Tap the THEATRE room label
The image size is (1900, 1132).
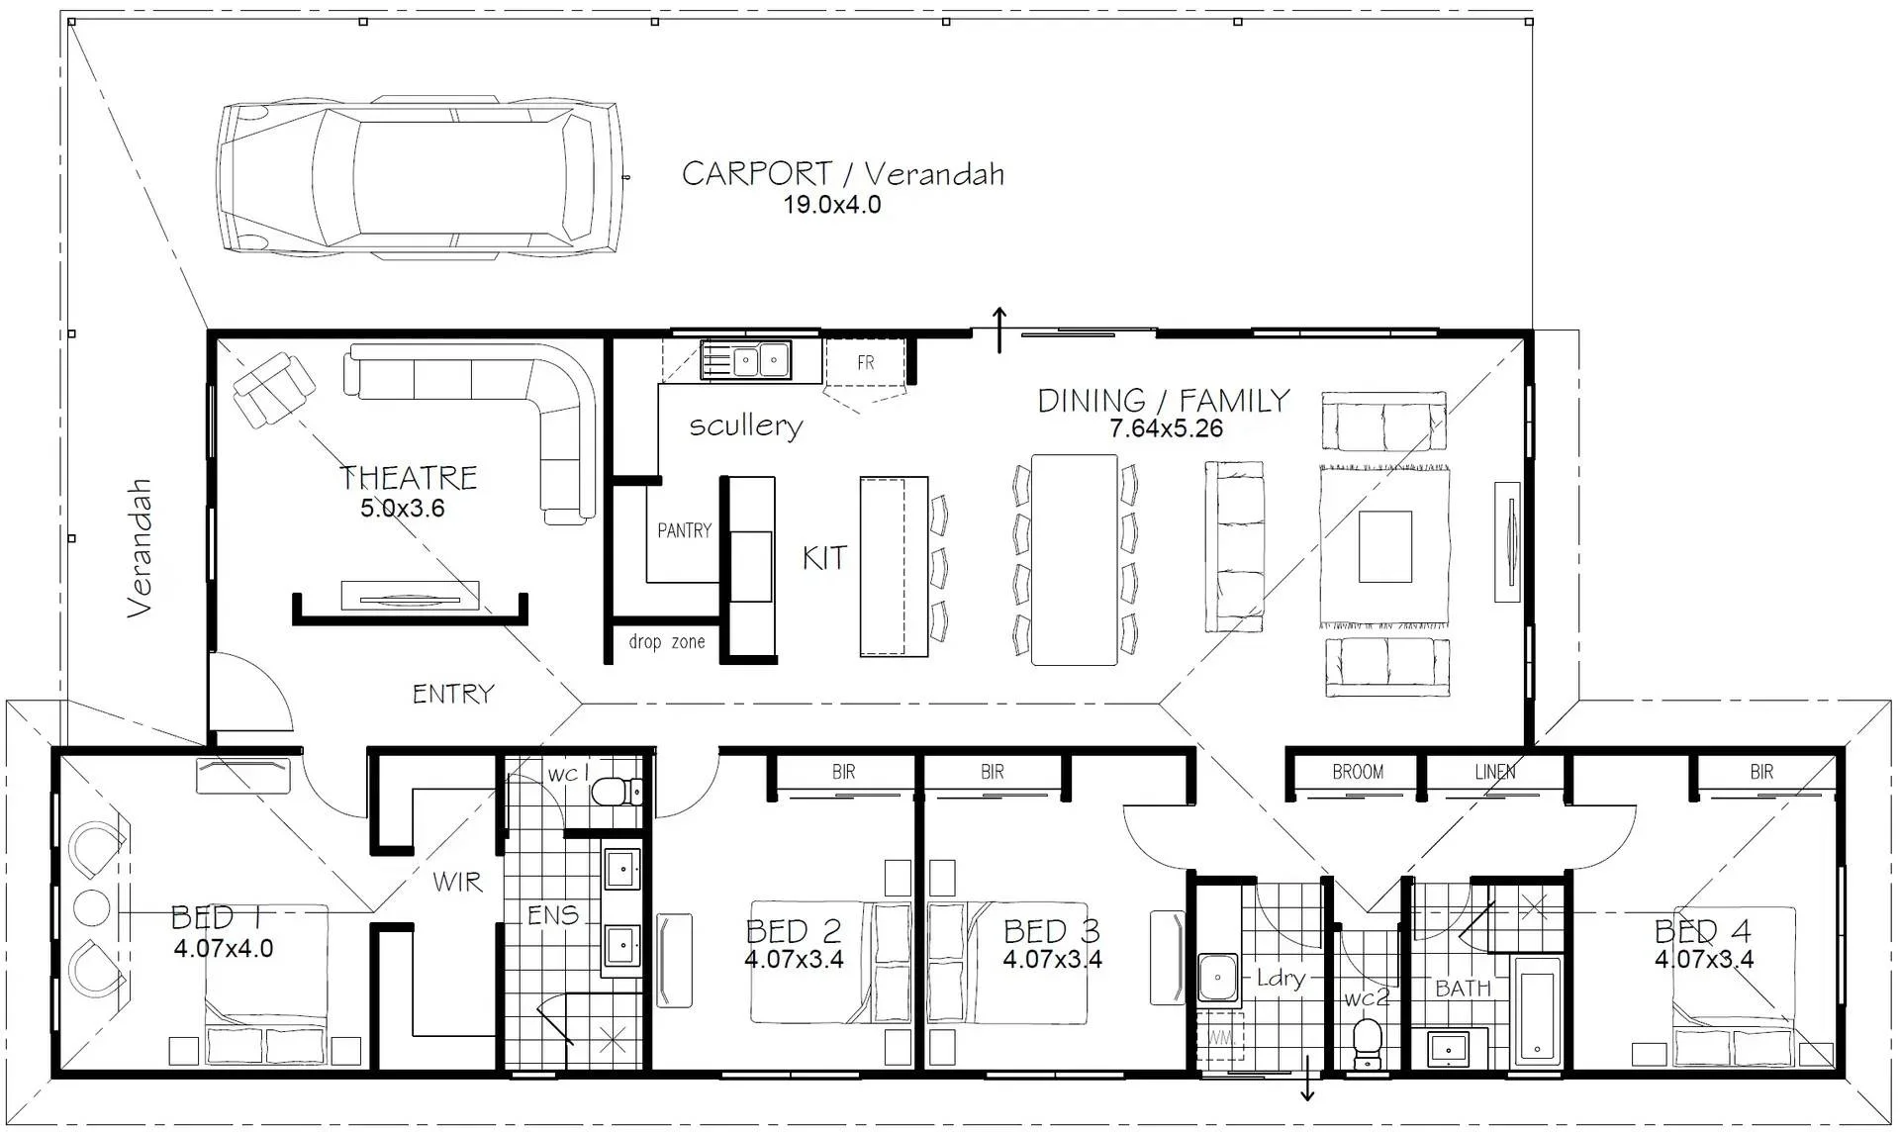(409, 478)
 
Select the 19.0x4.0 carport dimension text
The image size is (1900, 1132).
(832, 205)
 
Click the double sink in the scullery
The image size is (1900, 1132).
(746, 360)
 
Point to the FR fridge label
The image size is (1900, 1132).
(866, 363)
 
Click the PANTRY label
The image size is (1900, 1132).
(684, 531)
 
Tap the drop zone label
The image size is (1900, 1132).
(667, 642)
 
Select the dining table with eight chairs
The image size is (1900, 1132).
(1075, 559)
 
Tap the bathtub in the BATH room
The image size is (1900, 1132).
(1537, 1012)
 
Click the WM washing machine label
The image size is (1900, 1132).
(1220, 1039)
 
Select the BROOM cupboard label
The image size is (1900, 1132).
(1358, 772)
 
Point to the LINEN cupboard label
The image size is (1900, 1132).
(1494, 772)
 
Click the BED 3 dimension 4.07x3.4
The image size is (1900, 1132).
(1052, 959)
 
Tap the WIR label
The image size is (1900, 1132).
(457, 881)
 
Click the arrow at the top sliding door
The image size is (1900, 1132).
(999, 330)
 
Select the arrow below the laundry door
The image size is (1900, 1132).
(1307, 1079)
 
